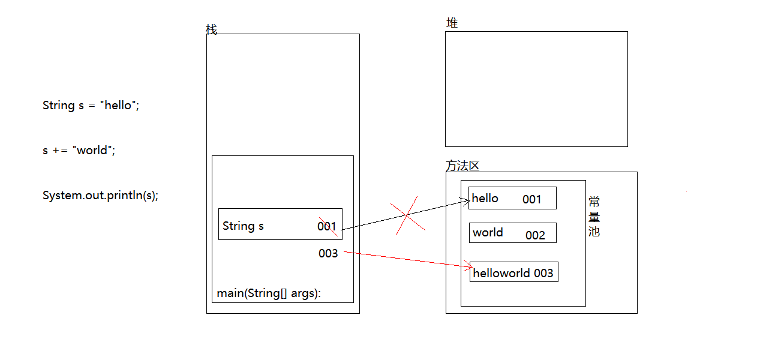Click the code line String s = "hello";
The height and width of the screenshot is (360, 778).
click(91, 105)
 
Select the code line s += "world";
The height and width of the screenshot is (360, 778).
click(79, 150)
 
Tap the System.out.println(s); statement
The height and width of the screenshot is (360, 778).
click(100, 195)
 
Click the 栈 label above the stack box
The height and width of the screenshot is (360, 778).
click(212, 29)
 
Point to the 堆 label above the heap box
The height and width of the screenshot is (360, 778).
click(452, 23)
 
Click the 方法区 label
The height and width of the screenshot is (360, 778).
click(462, 166)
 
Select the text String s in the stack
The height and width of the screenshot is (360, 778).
click(243, 226)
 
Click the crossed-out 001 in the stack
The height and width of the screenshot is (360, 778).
click(327, 227)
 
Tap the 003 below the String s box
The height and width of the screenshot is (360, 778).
click(328, 253)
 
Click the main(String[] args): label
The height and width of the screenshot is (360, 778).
click(269, 293)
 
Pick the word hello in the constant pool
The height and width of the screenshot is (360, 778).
click(485, 199)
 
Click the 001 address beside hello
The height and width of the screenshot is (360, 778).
click(531, 199)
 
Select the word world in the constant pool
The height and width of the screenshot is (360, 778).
click(488, 232)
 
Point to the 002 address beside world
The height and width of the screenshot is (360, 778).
click(535, 235)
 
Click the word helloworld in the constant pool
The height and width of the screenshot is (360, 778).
click(501, 273)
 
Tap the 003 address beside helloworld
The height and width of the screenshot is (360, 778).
click(543, 273)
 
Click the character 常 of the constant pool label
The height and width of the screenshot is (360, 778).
click(594, 202)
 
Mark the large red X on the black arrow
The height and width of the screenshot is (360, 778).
click(407, 215)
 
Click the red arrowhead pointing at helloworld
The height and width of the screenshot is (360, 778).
click(469, 266)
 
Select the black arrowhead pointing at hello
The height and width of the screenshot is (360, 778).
click(465, 202)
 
